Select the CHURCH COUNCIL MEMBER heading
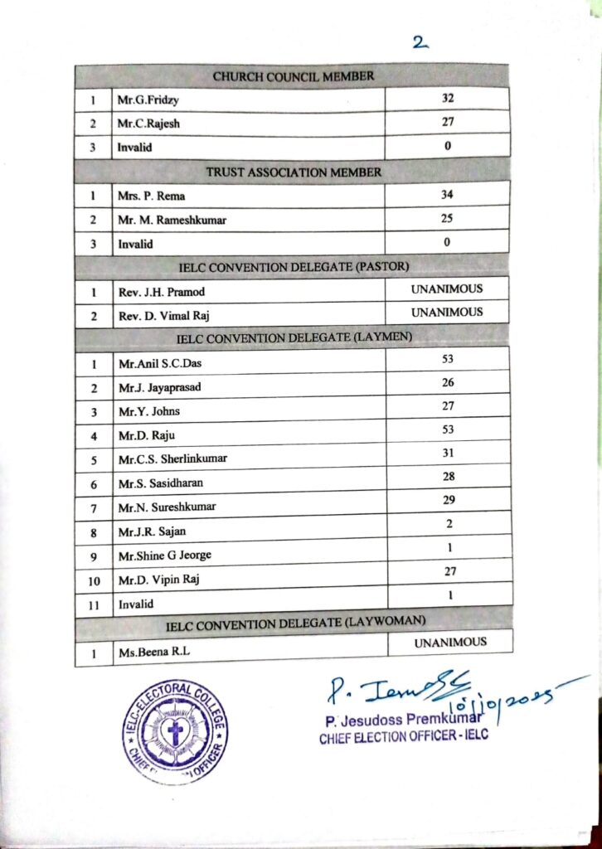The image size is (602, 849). coord(293,76)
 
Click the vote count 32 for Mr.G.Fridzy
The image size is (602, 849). coord(448,98)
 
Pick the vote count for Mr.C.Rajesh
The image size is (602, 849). coord(448,122)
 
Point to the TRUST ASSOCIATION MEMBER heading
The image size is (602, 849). coord(293,172)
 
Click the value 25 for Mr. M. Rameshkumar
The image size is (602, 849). coord(448,218)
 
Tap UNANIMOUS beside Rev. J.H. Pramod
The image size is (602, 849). coord(447,289)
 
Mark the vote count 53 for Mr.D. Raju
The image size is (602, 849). coord(448,430)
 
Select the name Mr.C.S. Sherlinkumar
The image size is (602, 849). coord(172,459)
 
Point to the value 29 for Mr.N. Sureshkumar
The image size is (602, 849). coord(448,502)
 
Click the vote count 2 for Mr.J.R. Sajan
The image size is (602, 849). coord(448,526)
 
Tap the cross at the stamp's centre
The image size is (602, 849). coord(175,733)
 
